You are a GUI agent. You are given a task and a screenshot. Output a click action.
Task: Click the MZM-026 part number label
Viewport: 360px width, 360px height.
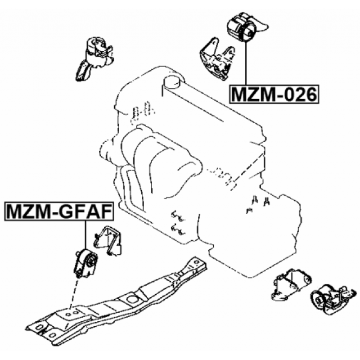(x=274, y=94)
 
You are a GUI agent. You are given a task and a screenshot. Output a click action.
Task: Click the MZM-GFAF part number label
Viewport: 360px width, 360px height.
(x=59, y=211)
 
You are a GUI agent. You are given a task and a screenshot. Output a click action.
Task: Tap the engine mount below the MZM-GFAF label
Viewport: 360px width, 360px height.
(x=85, y=263)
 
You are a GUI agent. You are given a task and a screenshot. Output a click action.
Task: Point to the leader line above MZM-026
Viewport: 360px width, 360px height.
(x=246, y=63)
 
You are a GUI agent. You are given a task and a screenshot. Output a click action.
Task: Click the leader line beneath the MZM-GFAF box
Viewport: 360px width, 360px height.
(x=85, y=234)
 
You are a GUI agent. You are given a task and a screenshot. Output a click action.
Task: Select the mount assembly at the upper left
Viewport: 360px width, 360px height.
(x=94, y=58)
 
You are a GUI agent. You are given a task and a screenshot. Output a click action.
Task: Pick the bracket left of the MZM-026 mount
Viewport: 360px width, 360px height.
(x=217, y=60)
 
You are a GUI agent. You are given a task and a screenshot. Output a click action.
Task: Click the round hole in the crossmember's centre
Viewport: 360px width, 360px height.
(x=131, y=299)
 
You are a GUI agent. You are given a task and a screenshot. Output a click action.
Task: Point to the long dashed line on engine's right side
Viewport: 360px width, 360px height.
(x=247, y=171)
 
